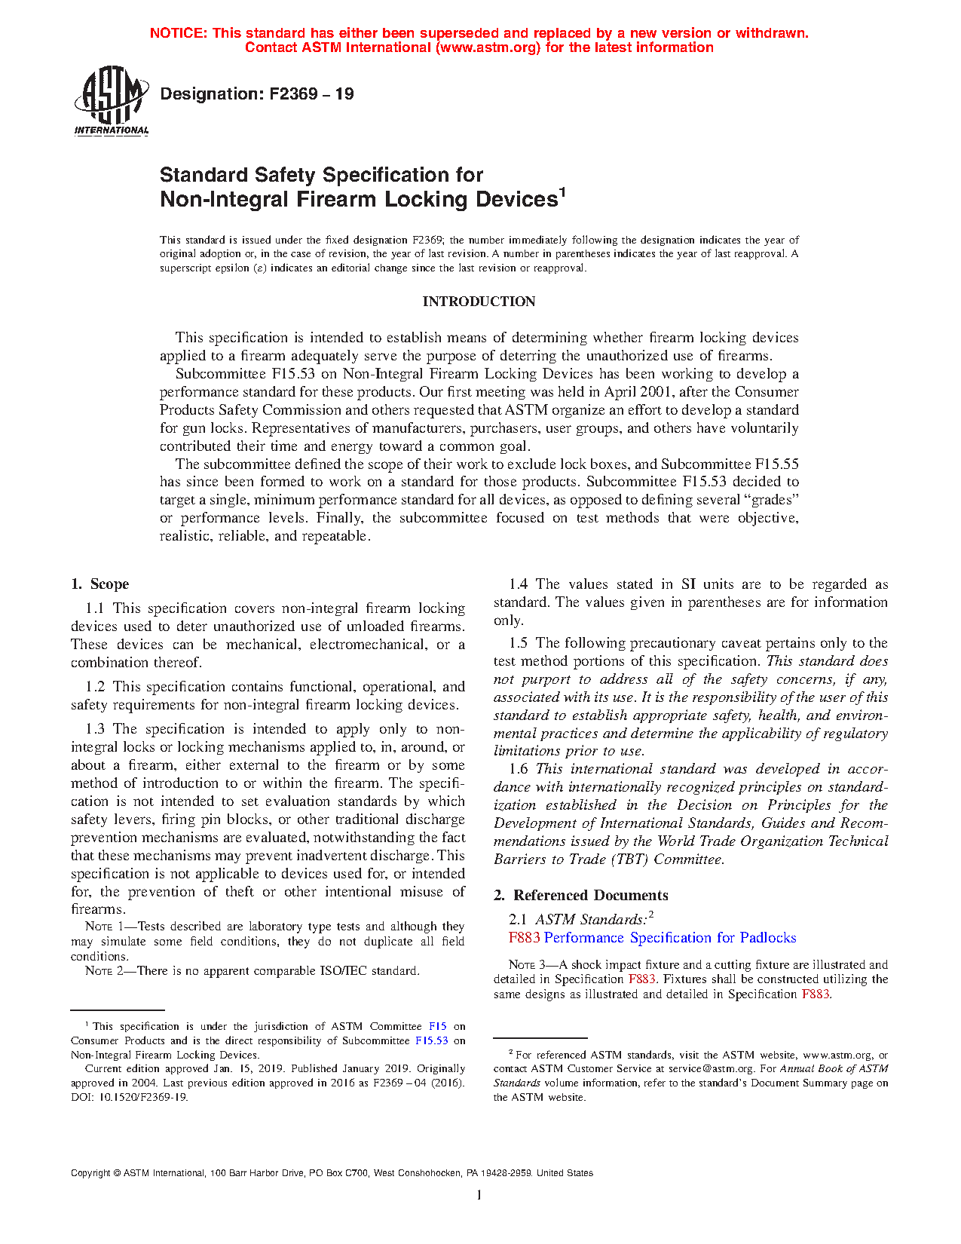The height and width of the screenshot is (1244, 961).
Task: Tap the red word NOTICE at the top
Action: pos(178,33)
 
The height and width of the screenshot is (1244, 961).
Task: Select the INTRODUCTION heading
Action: pos(479,302)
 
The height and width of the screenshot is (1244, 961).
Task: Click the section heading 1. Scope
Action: pos(99,584)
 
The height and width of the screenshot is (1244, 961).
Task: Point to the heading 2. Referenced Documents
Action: pos(580,896)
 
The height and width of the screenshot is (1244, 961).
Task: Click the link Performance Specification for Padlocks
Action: pos(670,938)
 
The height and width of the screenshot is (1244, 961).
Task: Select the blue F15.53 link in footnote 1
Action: pos(432,1041)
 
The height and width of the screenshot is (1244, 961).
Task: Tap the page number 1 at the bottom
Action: pos(479,1195)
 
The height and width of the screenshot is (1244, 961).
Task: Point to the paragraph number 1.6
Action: pos(519,769)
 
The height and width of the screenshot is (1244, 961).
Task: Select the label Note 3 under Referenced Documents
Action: pos(527,965)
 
